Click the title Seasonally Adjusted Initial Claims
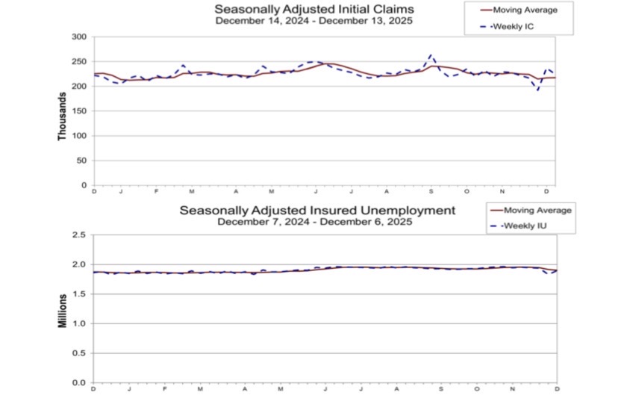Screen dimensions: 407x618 (313, 10)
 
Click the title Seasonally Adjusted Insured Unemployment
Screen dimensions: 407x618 (316, 211)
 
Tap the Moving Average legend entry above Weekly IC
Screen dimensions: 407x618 (525, 10)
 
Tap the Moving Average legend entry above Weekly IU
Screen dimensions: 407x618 (537, 210)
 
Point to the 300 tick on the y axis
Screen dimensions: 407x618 (79, 37)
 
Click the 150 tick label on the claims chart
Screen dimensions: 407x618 (79, 111)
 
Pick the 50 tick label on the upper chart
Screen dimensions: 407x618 (81, 160)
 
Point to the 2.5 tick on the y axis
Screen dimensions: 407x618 (79, 235)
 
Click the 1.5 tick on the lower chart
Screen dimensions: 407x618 (79, 294)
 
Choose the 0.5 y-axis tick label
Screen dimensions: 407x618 (79, 353)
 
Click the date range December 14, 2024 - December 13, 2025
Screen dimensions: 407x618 (313, 21)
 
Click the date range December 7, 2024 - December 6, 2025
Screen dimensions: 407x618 (316, 222)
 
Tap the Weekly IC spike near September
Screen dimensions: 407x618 (431, 55)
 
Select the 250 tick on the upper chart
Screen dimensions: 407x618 (79, 61)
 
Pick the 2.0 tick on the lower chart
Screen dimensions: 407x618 (79, 264)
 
